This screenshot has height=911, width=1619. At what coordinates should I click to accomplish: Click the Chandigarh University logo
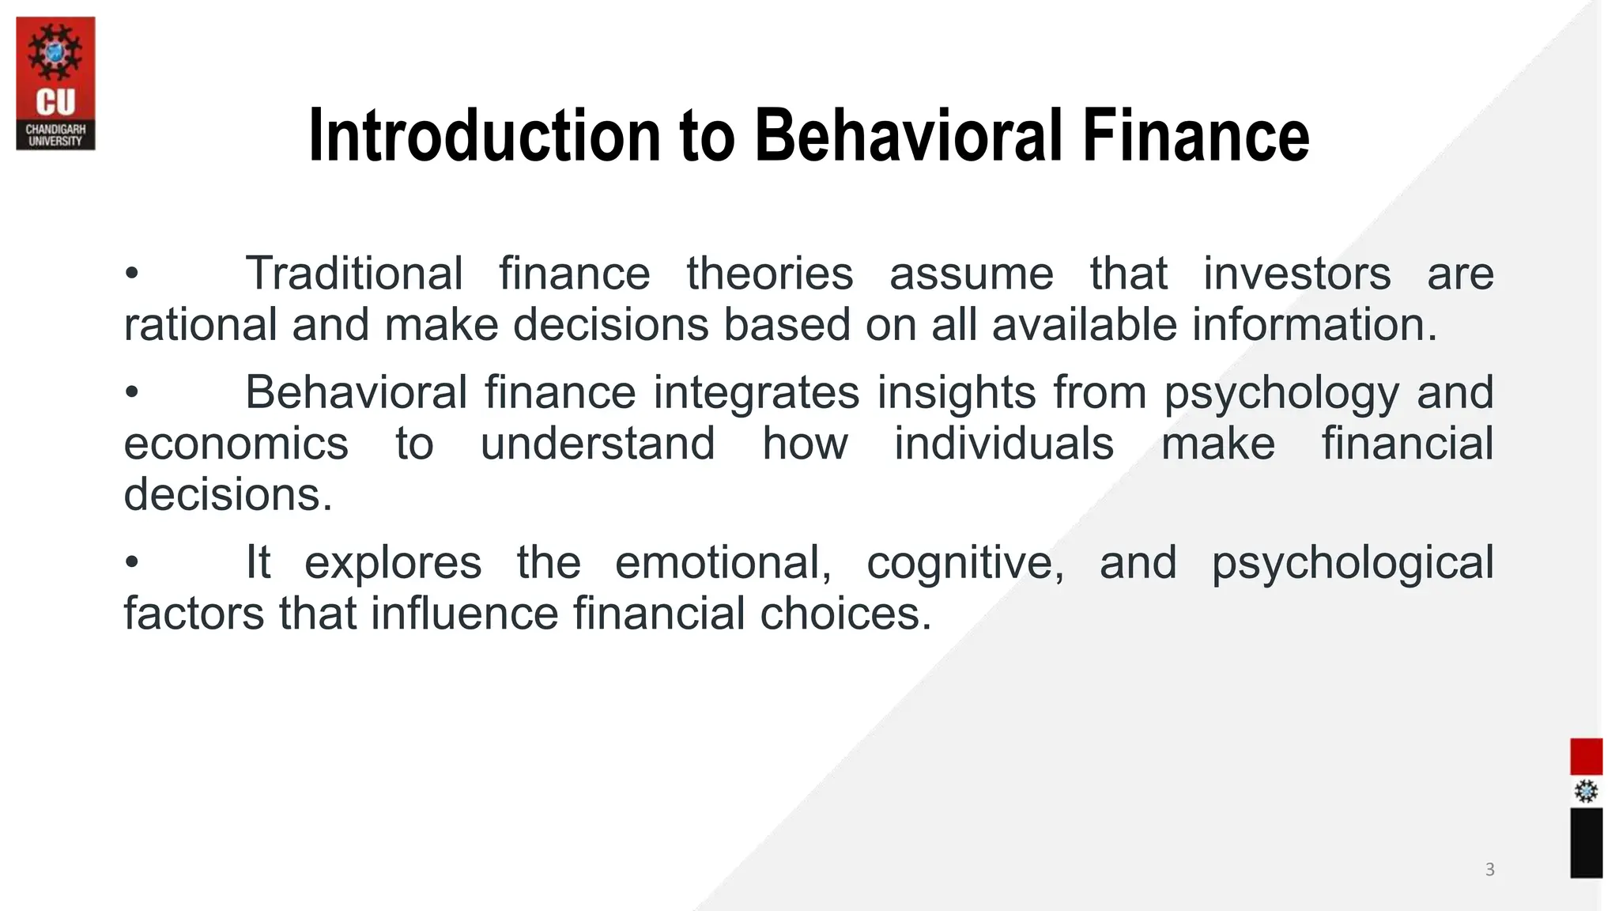click(x=55, y=84)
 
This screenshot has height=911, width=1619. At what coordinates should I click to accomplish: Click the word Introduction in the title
click(x=482, y=136)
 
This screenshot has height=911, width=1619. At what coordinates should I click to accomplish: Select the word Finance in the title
click(x=1195, y=136)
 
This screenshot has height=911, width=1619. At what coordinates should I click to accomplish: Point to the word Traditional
click(x=354, y=274)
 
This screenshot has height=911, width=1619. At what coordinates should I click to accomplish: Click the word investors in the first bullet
click(x=1296, y=274)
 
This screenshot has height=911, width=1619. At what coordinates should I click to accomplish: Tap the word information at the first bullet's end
click(x=1313, y=325)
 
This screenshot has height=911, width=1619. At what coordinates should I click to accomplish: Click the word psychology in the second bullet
click(x=1281, y=393)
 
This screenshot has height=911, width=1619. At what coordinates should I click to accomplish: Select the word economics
click(x=236, y=444)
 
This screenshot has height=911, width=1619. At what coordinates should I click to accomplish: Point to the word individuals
click(x=1004, y=444)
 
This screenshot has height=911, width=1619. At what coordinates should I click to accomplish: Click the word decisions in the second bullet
click(x=228, y=495)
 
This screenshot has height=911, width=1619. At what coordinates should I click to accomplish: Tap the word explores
click(x=393, y=563)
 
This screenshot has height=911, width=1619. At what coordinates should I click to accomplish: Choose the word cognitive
click(x=964, y=563)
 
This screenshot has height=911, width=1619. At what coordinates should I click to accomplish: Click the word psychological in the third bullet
click(x=1353, y=563)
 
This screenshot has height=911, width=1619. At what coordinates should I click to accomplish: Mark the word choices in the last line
click(x=845, y=614)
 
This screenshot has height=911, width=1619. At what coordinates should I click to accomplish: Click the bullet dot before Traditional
click(x=132, y=274)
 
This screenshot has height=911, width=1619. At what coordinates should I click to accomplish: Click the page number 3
click(x=1489, y=870)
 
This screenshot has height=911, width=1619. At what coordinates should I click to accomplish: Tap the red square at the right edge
click(x=1586, y=757)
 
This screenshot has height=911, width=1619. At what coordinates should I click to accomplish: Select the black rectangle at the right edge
click(x=1586, y=842)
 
